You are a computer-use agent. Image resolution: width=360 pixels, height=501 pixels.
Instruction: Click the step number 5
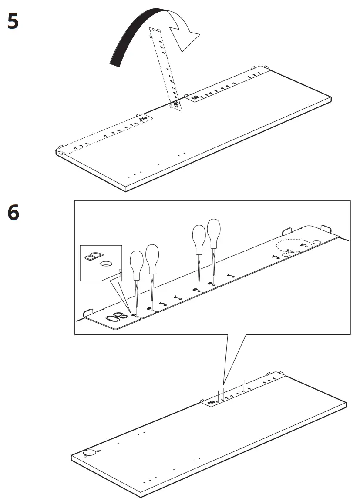click(13, 21)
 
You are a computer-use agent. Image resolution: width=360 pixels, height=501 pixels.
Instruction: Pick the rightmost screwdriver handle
click(214, 232)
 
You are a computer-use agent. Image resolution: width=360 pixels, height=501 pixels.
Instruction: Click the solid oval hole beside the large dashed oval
click(317, 241)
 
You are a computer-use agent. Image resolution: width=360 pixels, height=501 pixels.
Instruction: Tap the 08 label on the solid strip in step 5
click(195, 97)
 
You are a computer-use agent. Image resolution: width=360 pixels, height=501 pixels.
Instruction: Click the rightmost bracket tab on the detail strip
click(326, 228)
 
